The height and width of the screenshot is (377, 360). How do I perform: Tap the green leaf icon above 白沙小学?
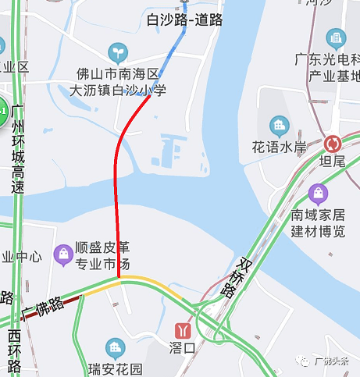click(118, 53)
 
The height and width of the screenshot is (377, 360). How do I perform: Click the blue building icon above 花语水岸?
click(278, 125)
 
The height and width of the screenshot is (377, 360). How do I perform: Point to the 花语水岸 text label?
click(278, 146)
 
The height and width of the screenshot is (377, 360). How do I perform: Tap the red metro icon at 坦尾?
click(333, 144)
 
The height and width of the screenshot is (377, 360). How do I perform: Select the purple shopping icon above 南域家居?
click(318, 192)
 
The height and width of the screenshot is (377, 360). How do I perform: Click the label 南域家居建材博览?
click(318, 222)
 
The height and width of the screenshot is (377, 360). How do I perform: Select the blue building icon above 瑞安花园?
click(116, 347)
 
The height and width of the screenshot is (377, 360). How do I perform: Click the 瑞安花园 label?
click(116, 368)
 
